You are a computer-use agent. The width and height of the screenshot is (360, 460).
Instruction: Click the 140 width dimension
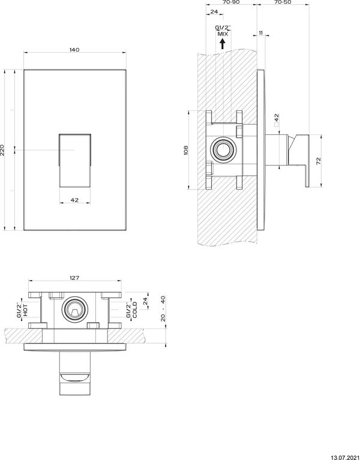point(74,50)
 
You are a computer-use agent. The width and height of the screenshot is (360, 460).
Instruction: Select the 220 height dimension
point(3,149)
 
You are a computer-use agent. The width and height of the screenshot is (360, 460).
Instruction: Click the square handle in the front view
point(74,160)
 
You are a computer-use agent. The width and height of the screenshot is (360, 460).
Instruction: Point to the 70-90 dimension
point(230,3)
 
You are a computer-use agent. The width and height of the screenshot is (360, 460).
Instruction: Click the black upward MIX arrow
point(223,44)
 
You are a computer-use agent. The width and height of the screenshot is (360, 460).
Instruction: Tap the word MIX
point(223,34)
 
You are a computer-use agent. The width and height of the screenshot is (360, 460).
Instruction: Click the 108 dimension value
point(186,149)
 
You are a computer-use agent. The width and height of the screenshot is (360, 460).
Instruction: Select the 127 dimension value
point(74,278)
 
